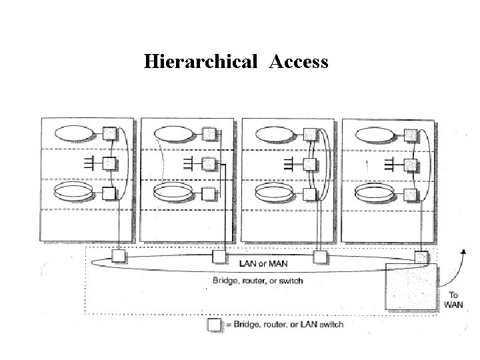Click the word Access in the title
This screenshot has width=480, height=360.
(299, 62)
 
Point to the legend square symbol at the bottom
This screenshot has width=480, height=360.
(214, 325)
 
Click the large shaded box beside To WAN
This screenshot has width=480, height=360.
(411, 286)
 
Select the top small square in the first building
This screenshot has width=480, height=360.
(109, 133)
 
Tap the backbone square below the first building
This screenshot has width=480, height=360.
(118, 255)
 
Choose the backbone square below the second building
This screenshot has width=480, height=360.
(218, 255)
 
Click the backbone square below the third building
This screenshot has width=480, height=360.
(319, 255)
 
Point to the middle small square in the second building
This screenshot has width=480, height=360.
(209, 163)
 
